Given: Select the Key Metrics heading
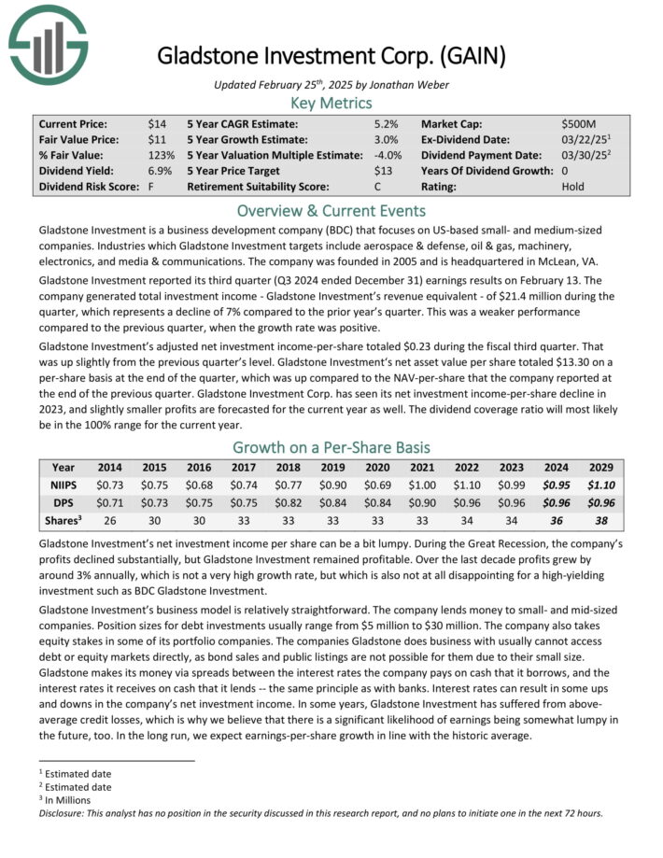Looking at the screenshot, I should [x=331, y=103].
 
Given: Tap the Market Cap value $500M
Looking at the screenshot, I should [x=580, y=123].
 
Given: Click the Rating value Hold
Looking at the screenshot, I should [x=574, y=187].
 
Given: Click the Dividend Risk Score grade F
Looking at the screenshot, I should [x=150, y=187].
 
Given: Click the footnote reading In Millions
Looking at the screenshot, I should [x=75, y=800].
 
